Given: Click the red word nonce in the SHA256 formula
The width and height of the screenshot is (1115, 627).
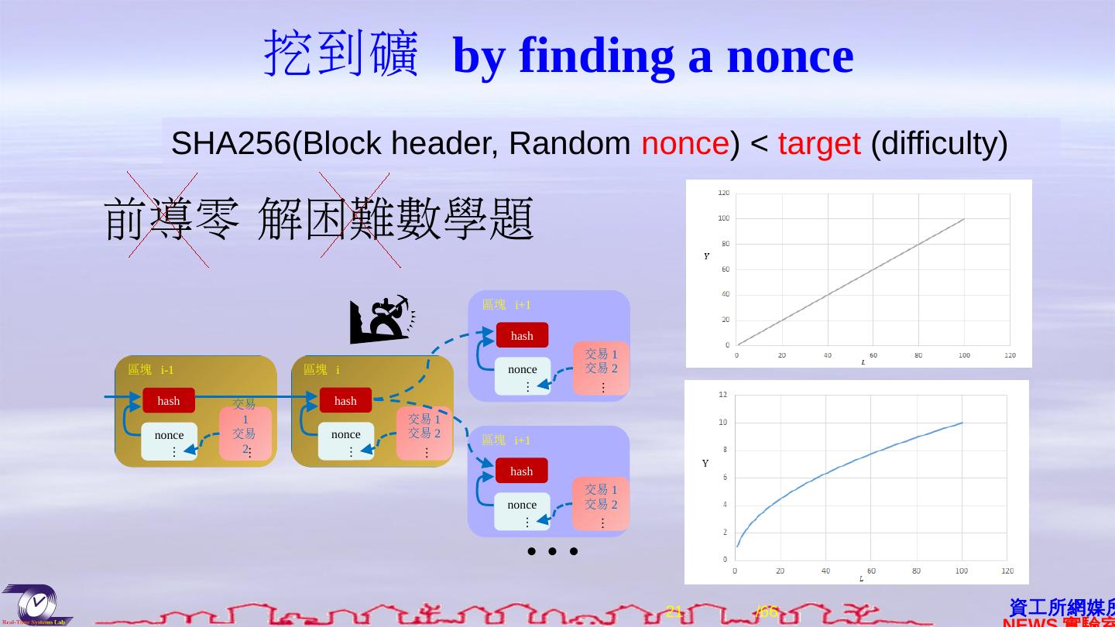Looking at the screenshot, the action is tap(684, 144).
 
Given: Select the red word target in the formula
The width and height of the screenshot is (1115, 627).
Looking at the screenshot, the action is tap(818, 144).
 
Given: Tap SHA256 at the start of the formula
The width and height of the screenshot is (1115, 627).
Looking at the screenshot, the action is tap(231, 144).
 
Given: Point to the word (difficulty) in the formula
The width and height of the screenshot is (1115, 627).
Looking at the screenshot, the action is tap(938, 144).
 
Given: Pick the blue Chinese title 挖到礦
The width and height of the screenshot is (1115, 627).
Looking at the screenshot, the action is tap(341, 54).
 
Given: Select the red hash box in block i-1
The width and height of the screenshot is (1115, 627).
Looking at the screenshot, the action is tap(169, 400).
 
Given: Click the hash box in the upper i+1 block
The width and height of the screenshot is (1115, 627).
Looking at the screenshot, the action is tap(522, 335).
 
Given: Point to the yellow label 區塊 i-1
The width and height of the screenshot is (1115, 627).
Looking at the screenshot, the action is tap(151, 370).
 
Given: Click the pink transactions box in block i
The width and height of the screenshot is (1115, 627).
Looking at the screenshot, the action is tap(424, 433).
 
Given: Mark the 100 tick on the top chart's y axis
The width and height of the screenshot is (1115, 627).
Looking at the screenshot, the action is tap(724, 218).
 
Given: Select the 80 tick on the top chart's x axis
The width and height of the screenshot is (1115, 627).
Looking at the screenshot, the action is tap(918, 355).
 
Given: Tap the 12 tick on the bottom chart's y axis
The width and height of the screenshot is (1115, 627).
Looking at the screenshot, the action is tap(722, 395).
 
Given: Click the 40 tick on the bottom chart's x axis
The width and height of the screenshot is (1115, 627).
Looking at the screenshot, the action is tap(825, 571).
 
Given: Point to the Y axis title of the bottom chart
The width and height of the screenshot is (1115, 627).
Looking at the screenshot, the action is tap(705, 464).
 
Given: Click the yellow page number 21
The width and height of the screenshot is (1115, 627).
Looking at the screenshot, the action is tap(674, 612).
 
